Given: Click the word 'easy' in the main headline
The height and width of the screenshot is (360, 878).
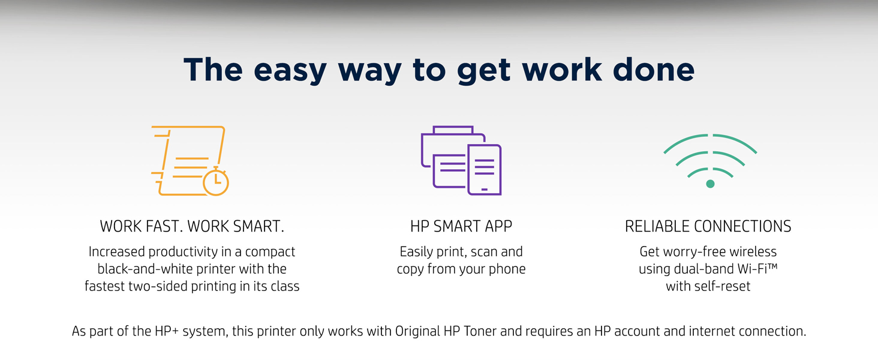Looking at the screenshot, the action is point(290,71).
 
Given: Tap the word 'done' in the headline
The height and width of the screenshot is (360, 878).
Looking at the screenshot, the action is point(654,70).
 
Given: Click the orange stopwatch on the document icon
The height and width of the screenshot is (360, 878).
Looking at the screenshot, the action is point(215,181).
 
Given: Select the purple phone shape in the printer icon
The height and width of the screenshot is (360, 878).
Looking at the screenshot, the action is point(485,170).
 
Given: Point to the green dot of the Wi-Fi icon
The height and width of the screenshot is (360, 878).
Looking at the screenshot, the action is point(710,184).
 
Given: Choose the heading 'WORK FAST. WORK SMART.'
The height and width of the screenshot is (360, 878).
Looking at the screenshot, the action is point(192,226).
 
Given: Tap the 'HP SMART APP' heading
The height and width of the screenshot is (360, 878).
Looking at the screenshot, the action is point(461,226).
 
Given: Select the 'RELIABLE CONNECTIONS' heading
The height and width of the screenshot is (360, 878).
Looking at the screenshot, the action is point(708,226).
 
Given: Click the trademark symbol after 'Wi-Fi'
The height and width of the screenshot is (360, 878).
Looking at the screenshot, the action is point(772,266).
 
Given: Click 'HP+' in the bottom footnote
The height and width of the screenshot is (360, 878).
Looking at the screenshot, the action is point(167,331).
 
